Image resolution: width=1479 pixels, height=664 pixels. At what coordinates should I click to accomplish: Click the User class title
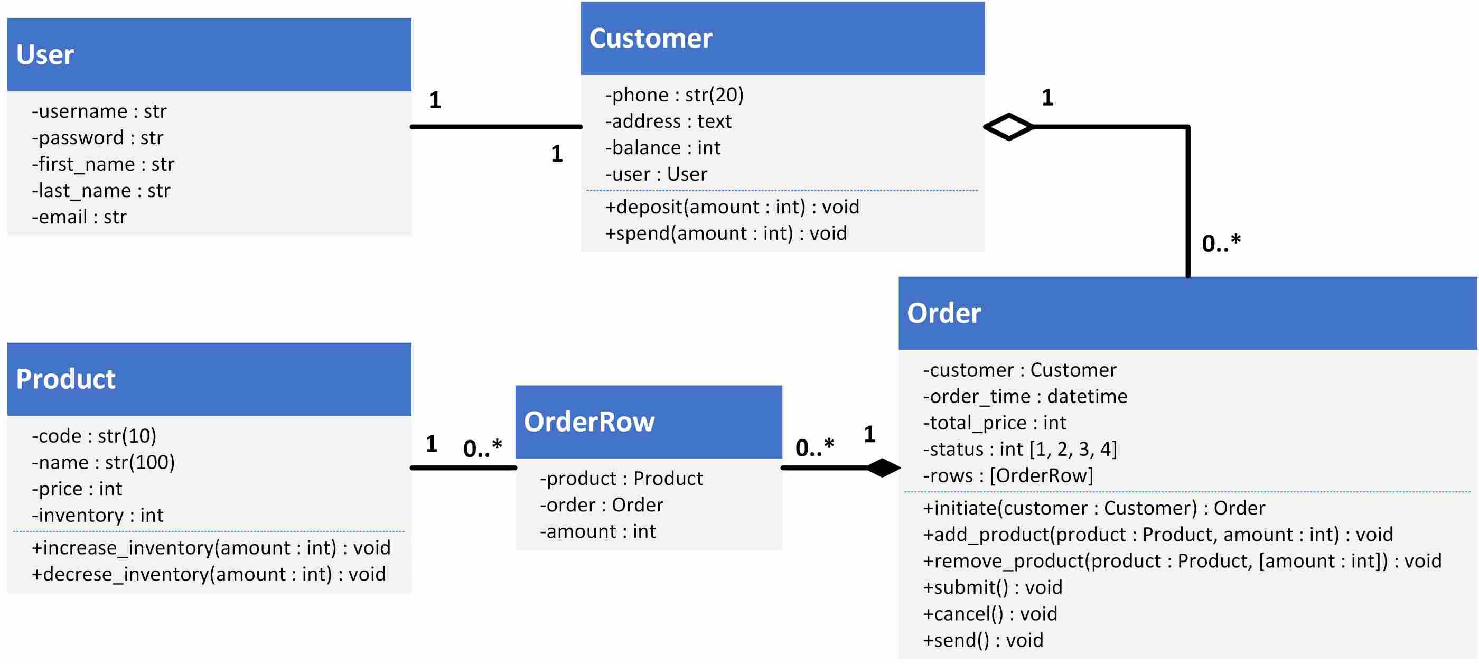45,54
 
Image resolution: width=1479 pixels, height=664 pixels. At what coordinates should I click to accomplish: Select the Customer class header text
651,39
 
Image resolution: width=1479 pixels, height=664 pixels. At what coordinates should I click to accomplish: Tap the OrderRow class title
588,422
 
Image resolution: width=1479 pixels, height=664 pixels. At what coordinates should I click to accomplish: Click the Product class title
65,379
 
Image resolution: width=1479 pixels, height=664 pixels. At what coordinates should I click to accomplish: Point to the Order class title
943,314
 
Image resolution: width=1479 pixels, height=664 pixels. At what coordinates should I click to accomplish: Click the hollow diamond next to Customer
1008,126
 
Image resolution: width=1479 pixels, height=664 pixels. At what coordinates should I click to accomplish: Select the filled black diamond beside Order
883,467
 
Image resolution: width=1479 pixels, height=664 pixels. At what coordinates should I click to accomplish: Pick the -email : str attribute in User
79,217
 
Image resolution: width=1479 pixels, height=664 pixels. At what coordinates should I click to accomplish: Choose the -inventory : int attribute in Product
98,515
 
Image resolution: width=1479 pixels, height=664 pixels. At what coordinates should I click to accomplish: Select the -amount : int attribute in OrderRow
597,532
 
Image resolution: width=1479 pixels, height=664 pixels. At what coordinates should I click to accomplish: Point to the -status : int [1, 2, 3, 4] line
1019,449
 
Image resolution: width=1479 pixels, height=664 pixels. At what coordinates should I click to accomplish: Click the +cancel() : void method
990,614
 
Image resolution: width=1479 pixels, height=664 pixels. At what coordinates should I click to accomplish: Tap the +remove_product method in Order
1182,561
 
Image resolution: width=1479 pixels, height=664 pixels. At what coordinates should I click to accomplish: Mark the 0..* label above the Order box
1221,244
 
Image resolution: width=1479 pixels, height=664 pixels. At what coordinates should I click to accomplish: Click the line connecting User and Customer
496,126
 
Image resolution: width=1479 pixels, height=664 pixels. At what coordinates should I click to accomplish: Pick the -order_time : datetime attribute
1025,396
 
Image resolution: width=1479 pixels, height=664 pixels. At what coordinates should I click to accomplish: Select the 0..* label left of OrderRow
482,448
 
